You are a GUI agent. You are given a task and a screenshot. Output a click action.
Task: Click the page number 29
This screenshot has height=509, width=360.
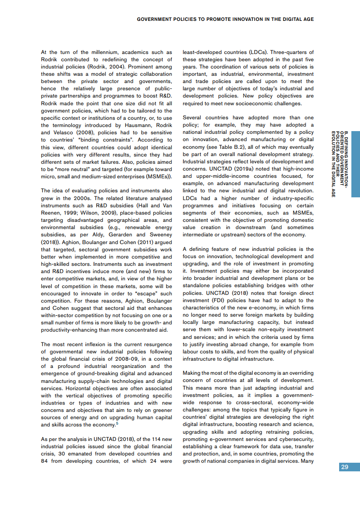pos(345,467)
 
